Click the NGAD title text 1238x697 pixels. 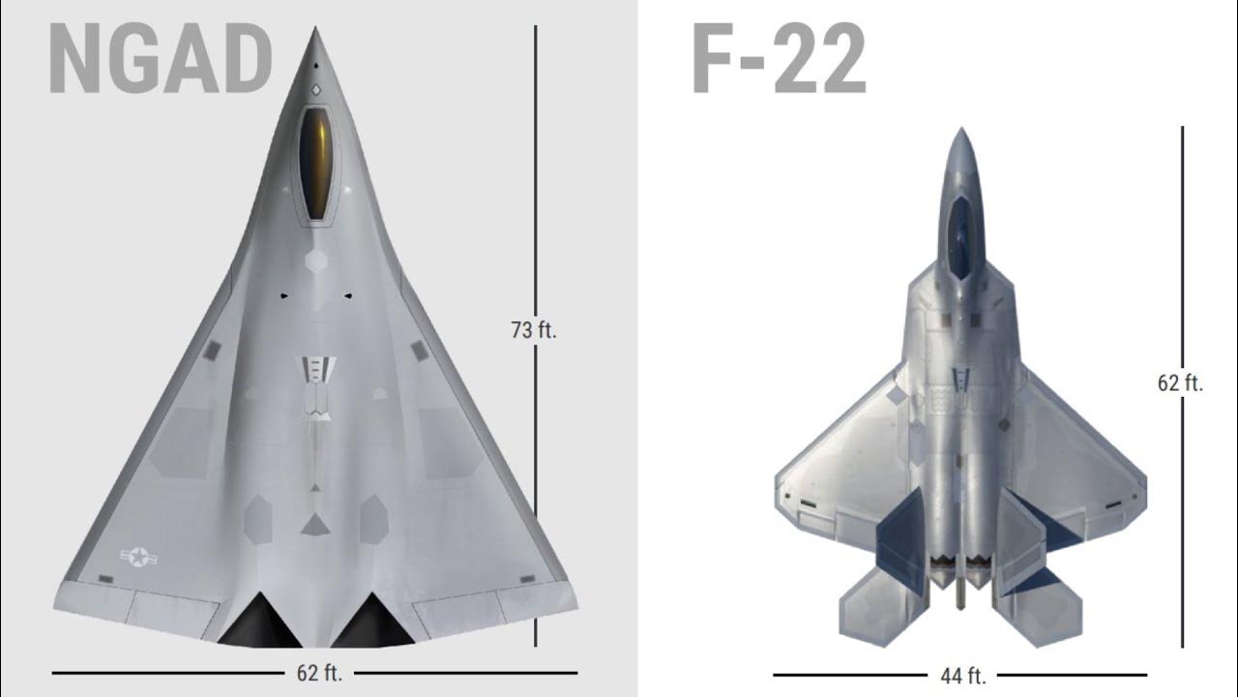click(x=161, y=59)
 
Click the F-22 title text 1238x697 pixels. click(x=780, y=59)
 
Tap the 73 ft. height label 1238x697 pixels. click(x=533, y=330)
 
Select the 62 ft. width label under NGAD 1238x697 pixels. click(x=319, y=673)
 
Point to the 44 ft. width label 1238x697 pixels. click(x=962, y=676)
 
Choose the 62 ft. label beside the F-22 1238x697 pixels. click(x=1180, y=382)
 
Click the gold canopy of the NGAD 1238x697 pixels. click(x=315, y=164)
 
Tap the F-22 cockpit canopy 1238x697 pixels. click(x=961, y=237)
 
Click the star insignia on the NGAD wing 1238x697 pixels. click(x=138, y=557)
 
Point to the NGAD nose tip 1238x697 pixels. click(x=315, y=27)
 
